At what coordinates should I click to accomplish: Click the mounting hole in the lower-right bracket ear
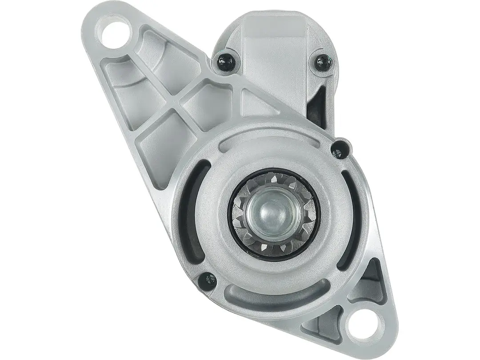tap(359, 327)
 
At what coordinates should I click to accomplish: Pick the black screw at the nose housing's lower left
tap(208, 279)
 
